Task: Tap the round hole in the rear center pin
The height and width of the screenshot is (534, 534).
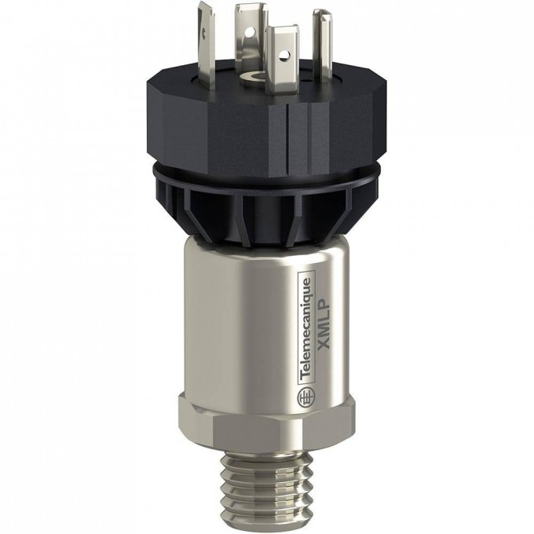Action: click(x=254, y=31)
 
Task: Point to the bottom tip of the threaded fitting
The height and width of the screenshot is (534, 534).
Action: click(x=266, y=518)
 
